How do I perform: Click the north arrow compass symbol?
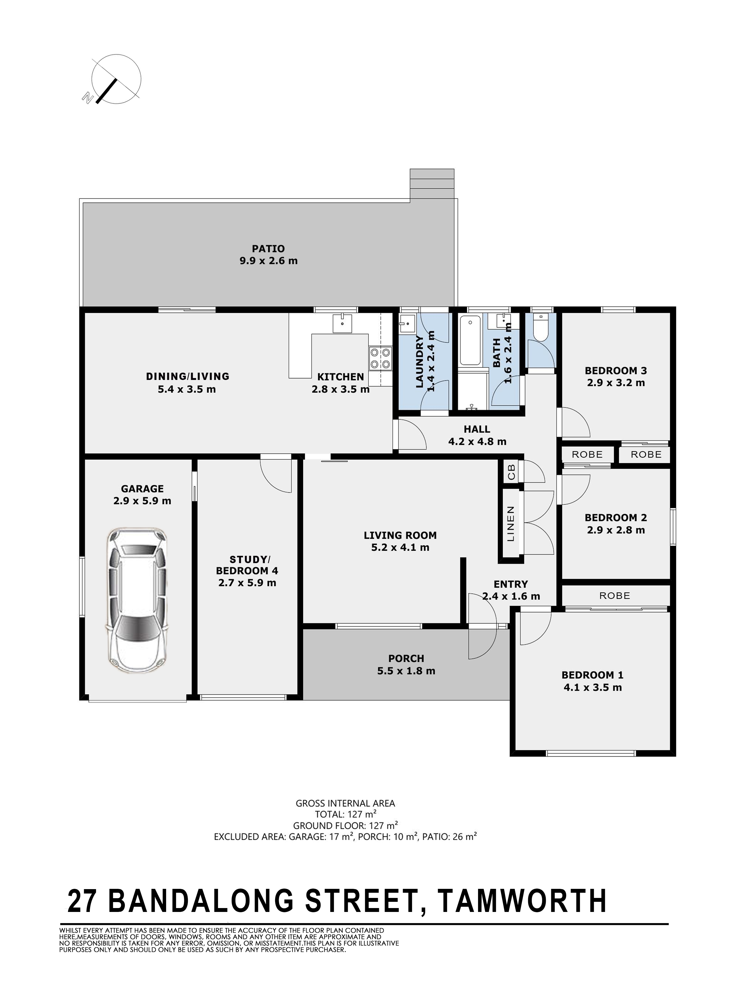tap(114, 80)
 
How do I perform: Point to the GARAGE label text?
tap(142, 489)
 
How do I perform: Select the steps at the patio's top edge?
tap(432, 185)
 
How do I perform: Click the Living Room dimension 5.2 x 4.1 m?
tap(400, 547)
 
